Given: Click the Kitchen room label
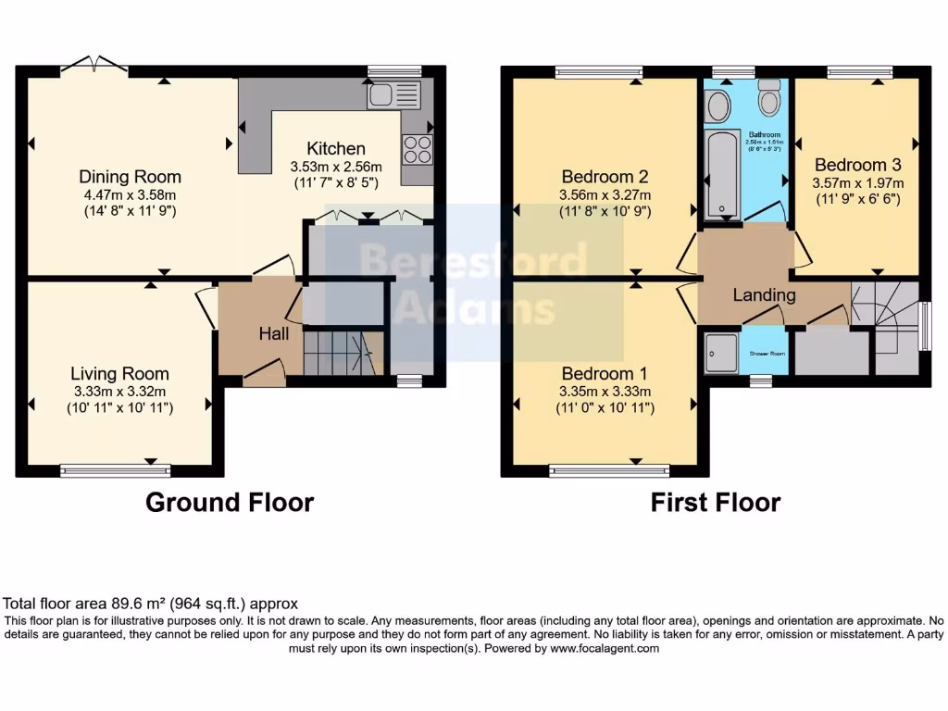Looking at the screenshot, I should [x=336, y=148].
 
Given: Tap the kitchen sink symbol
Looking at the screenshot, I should [x=393, y=94].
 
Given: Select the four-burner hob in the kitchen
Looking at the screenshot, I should [x=418, y=149].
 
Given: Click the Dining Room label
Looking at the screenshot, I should [x=130, y=177].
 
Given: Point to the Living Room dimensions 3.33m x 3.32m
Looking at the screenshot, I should [x=120, y=392].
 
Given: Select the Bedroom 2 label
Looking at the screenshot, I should [x=605, y=177].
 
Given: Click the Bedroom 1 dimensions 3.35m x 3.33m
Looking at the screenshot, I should [x=605, y=391].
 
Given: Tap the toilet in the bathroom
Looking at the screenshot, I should [x=768, y=96].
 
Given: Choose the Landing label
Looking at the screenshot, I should [x=764, y=295].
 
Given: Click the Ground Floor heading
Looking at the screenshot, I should [x=230, y=503].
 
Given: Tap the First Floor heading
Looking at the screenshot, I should [x=715, y=503].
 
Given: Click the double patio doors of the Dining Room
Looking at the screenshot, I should [x=94, y=65].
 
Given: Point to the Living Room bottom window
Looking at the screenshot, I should [x=116, y=470].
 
